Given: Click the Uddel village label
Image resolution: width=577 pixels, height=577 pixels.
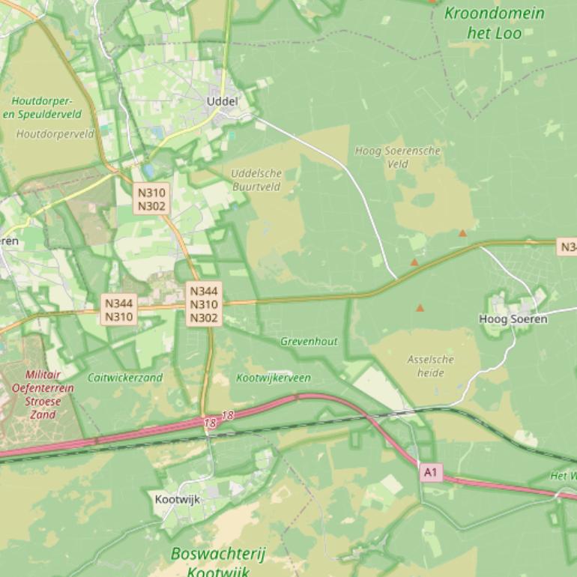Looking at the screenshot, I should tap(223, 101).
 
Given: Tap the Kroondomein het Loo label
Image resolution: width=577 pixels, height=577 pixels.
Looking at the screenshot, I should tap(494, 22).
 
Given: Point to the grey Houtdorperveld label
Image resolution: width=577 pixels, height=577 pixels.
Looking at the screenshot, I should tap(55, 134).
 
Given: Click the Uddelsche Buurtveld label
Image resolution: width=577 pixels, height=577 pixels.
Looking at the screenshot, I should tap(256, 180).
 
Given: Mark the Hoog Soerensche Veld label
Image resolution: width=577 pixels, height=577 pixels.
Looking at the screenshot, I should tap(397, 157).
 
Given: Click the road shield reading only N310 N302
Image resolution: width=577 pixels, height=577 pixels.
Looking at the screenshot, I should tap(151, 199).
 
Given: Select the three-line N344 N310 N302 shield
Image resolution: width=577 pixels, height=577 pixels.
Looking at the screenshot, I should tap(204, 304).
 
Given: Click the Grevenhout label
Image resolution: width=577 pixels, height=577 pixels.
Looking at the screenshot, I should tap(309, 341).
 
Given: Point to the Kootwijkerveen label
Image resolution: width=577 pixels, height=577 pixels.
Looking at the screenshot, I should tap(274, 378).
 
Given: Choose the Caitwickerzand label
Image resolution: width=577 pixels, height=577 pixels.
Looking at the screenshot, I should tap(125, 378).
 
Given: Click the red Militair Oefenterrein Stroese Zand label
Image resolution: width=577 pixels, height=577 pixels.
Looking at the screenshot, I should tap(43, 394).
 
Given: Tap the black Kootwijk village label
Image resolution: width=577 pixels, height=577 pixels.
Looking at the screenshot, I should tap(178, 499).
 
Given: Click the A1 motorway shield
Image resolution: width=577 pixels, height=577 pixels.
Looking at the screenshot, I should tap(430, 472).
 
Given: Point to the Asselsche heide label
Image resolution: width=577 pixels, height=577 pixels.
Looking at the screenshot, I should tap(431, 366).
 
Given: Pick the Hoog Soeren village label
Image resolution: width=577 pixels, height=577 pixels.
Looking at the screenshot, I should tap(513, 319).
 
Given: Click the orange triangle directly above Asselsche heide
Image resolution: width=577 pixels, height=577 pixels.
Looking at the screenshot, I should tap(420, 308).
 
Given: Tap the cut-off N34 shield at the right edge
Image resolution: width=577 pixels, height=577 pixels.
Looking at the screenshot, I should tap(568, 247).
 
